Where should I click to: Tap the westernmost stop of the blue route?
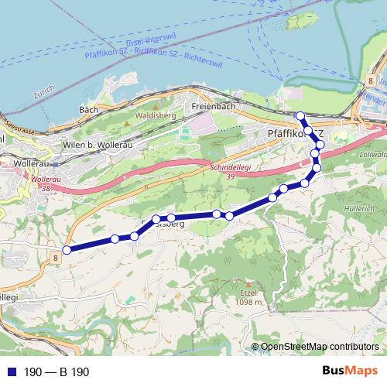click(x=67, y=249)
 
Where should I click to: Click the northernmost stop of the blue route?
click(x=301, y=116)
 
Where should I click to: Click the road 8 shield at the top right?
click(x=372, y=80)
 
